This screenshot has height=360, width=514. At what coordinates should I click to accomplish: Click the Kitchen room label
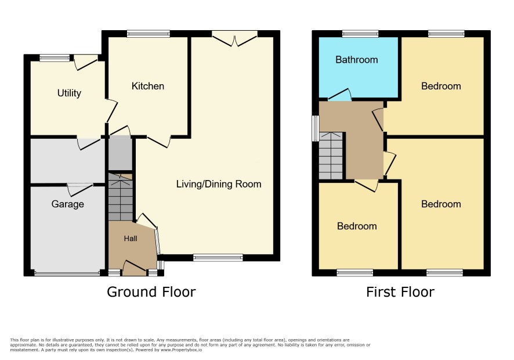pos(147,86)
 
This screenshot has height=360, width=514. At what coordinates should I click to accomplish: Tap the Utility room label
pos(69,93)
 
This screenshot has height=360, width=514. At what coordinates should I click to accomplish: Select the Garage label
pos(67,204)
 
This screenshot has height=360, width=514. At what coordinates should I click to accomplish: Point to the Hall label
pos(131,239)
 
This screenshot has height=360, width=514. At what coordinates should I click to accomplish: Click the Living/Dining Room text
pos(219,184)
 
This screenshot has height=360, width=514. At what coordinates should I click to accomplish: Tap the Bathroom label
pos(357,60)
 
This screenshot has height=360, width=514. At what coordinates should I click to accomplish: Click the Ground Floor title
pos(151,291)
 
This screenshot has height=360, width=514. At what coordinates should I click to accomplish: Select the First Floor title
pos(400,291)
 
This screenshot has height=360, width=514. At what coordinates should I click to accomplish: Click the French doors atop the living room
pos(234,38)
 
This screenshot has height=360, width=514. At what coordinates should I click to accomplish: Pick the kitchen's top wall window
pos(149,34)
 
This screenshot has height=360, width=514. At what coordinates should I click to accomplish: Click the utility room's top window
pos(55,58)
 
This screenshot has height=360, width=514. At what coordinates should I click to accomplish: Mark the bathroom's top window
pos(360,34)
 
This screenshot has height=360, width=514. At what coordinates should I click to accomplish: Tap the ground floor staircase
pos(120,197)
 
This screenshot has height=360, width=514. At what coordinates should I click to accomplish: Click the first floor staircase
pos(331,156)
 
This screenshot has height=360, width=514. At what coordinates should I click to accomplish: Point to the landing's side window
pos(316,128)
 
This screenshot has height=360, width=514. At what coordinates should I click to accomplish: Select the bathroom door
pos(341,95)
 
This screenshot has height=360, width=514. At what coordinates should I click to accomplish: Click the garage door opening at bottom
pos(67,273)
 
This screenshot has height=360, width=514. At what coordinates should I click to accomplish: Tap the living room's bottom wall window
pos(218,258)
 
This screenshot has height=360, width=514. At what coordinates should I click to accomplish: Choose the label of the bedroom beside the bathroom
pos(441,86)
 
